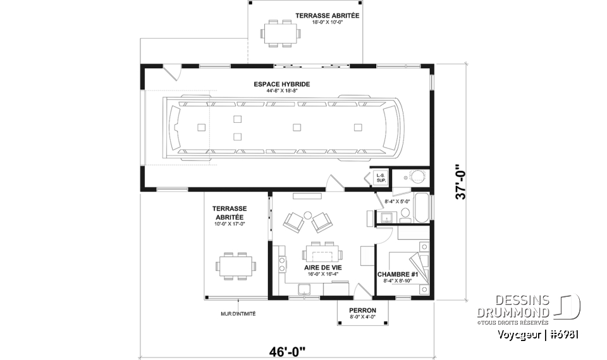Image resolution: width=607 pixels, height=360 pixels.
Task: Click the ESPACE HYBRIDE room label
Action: [x=281, y=84]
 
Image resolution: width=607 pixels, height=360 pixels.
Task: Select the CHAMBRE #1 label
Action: [x=395, y=274]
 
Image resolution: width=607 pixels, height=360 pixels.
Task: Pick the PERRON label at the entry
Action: [x=362, y=310]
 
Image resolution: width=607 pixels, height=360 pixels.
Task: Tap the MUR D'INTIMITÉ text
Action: [x=238, y=313]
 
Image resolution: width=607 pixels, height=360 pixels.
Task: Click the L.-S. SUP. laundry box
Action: [x=381, y=178]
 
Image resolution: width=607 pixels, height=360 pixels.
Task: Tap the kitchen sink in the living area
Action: [x=304, y=290]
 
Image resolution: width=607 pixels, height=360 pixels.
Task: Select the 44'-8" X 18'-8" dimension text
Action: [x=281, y=90]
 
